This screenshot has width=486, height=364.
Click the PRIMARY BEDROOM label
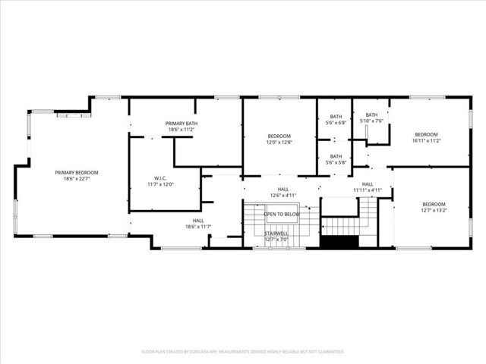point(77,172)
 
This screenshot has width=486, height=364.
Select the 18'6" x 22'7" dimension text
point(77,180)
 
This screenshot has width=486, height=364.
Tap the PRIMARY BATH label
point(181,123)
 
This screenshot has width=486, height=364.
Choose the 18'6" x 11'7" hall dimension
point(198,227)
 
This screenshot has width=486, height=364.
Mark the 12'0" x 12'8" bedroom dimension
point(279,142)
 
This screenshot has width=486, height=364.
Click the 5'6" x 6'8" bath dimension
point(336,123)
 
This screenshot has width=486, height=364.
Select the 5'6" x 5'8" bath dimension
point(336,162)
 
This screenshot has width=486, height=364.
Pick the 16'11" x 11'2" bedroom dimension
point(426,140)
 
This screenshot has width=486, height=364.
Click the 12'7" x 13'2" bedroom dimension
point(434,210)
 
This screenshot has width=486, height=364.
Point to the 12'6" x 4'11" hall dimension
point(282,196)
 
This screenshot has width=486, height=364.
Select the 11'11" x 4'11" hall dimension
point(367,190)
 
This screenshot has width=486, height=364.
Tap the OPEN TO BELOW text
point(282,215)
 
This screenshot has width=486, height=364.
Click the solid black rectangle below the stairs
point(339,242)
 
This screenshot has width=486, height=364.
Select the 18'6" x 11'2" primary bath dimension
point(181,130)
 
